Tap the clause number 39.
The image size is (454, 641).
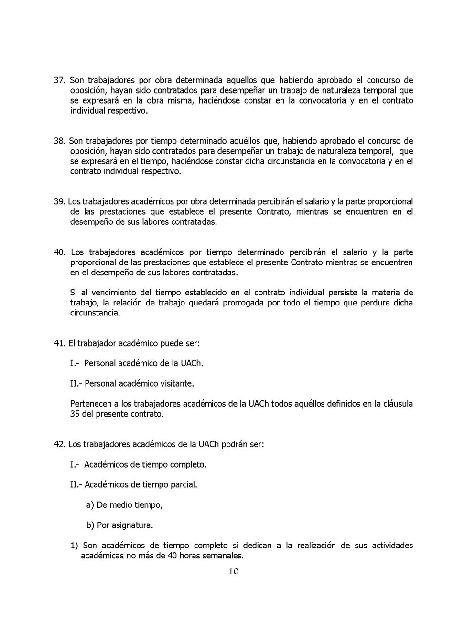pos(59,201)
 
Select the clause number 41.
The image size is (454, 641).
pos(59,343)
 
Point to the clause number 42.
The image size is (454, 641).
pos(59,444)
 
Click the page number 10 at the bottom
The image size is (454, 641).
pos(233,571)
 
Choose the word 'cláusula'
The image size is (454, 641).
pos(397,404)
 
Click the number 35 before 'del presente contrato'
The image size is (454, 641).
pos(75,414)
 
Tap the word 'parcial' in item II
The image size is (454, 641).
pos(184,485)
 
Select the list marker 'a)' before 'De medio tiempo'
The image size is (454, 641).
pos(90,505)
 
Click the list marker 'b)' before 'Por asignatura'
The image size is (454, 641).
pos(90,525)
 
